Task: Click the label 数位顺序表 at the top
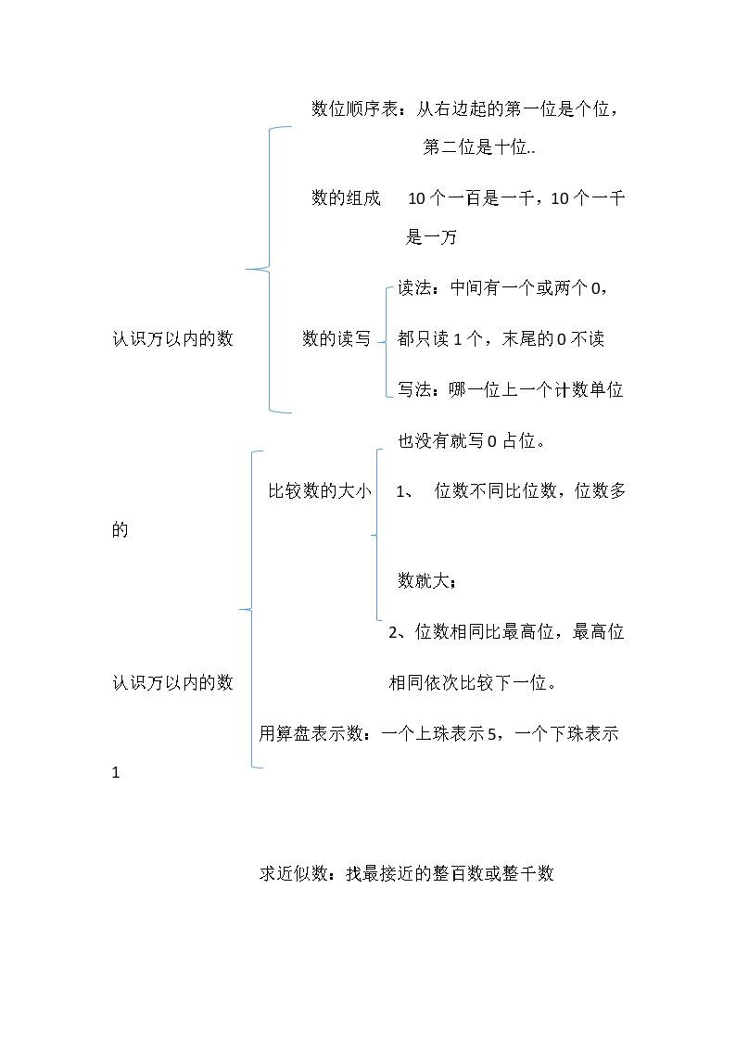(x=354, y=108)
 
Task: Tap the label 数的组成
(x=346, y=197)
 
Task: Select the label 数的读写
(x=336, y=338)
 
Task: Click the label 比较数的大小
(x=319, y=491)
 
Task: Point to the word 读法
(x=414, y=287)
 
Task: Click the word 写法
(x=414, y=389)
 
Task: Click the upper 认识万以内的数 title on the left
(x=172, y=338)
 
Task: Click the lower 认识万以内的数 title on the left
(x=172, y=682)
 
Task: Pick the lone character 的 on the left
(x=121, y=530)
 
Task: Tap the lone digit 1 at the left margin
(x=116, y=773)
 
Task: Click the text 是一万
(x=431, y=237)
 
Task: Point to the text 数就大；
(x=427, y=581)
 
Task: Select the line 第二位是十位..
(x=478, y=147)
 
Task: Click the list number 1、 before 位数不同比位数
(x=405, y=492)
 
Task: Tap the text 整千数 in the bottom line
(x=527, y=874)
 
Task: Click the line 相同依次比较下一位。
(x=473, y=682)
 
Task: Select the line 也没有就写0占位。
(x=472, y=441)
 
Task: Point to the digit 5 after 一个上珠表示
(x=492, y=734)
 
